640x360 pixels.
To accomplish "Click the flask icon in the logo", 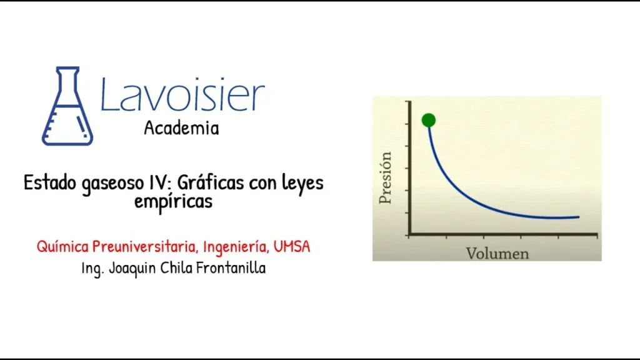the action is coord(67,106).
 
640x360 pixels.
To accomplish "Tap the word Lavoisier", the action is coord(182,94).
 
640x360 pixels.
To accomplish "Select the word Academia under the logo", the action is coord(182,128).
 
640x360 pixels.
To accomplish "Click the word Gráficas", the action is coord(211,182).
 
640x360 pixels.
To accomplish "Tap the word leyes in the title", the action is coord(302,183).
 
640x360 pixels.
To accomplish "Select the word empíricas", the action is coord(174,202).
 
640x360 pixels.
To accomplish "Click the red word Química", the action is coord(63,247).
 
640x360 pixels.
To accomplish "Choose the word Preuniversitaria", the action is coord(145,246).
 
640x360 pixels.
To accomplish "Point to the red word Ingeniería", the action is coord(236,247).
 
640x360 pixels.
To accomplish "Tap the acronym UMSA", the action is coord(292,246).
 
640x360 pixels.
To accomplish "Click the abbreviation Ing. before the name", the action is coord(93,269).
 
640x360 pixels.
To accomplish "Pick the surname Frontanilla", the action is coord(231,268).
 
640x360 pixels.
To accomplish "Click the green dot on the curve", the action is coord(429,120).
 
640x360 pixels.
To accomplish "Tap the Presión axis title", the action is coord(385,177).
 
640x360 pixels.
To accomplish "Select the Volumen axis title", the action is coord(497,254).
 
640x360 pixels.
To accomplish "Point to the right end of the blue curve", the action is coord(578,217).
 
